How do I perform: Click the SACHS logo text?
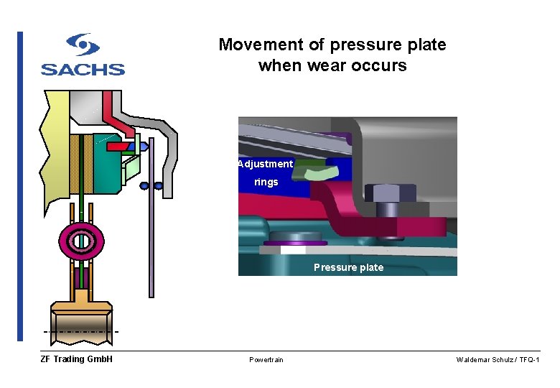tap(83, 70)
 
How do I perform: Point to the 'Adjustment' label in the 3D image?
tap(266, 164)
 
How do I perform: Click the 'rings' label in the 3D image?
tap(266, 183)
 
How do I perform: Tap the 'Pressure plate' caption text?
tap(348, 267)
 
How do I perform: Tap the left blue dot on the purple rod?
tap(144, 185)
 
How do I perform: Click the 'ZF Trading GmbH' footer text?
tap(76, 359)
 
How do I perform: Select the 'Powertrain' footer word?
tap(266, 359)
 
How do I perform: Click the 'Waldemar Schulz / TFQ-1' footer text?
tap(498, 359)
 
